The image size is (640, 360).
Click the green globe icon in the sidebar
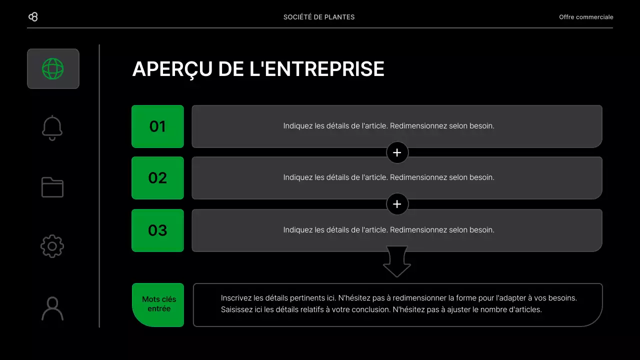pos(53,68)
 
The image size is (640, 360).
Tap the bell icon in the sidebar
pos(52,128)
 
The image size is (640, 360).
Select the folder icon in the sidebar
pos(52,187)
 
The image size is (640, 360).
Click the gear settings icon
pos(52,246)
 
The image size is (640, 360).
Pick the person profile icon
pos(52,308)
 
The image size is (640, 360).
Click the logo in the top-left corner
pos(33,17)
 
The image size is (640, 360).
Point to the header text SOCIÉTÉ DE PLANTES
pos(319,17)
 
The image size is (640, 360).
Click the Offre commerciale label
pos(586,17)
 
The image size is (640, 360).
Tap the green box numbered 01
pos(157,126)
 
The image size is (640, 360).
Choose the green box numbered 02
pos(157,178)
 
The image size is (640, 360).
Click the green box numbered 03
pos(157,230)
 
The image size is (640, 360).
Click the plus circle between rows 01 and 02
pos(397,152)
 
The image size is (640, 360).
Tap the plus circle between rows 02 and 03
pos(397,204)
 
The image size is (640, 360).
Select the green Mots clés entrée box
pos(158,304)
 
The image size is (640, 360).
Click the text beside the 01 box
pos(388,126)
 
